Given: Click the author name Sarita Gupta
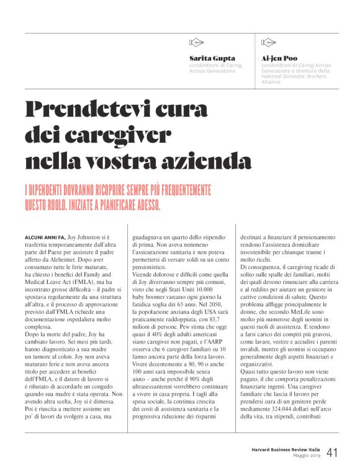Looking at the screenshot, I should (x=212, y=58).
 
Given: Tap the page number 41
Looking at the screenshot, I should (x=332, y=453).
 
